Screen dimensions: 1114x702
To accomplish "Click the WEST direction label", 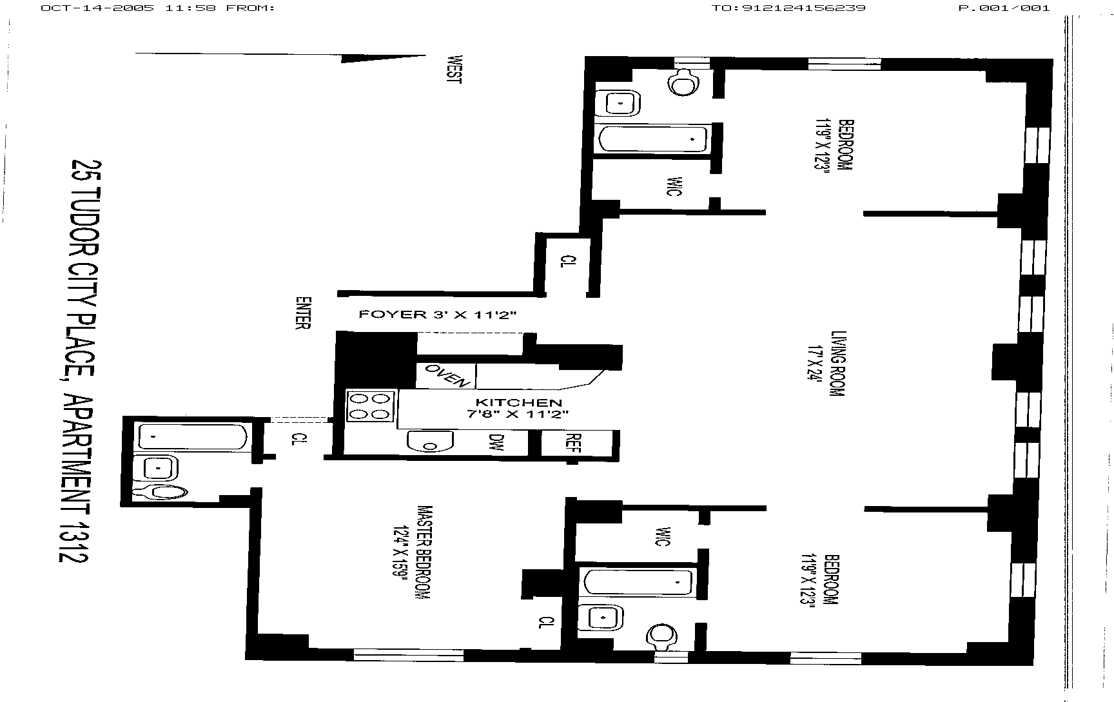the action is (454, 69).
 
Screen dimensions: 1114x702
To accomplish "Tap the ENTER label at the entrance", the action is (302, 313).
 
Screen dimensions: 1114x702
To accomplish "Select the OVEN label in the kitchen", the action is (446, 375).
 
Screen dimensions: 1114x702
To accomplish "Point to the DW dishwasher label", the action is (496, 442).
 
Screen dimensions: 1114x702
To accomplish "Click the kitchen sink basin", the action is (430, 442).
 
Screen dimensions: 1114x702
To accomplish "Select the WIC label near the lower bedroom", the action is (661, 536).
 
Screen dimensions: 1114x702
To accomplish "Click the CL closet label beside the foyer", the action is (567, 262).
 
